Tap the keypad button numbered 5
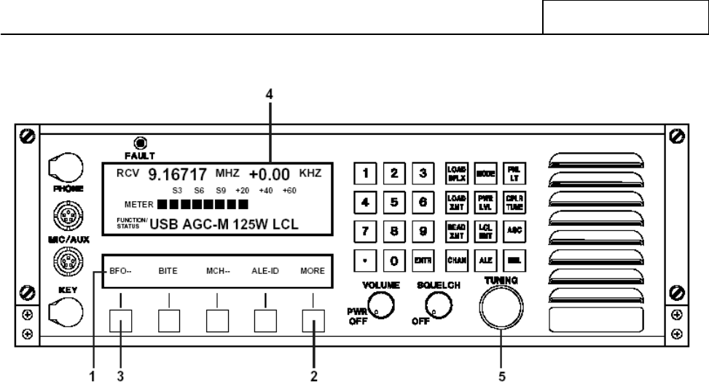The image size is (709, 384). (393, 200)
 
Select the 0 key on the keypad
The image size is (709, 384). (393, 259)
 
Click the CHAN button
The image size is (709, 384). (453, 259)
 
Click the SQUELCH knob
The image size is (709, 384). (435, 309)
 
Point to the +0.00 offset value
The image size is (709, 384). (270, 174)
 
